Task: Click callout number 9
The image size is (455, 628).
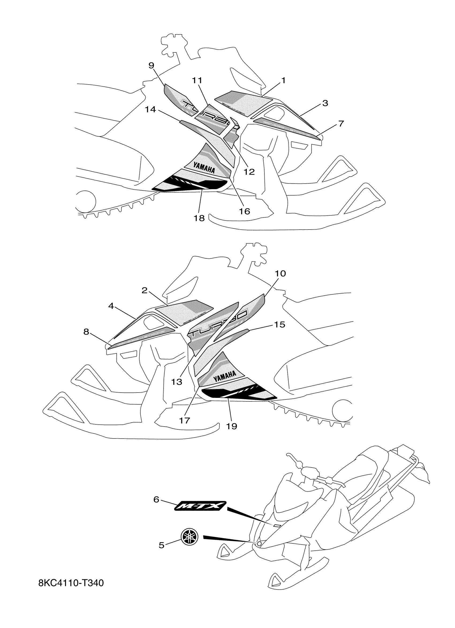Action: pos(151,65)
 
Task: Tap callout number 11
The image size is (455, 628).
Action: pos(197,81)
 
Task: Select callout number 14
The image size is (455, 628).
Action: pos(151,110)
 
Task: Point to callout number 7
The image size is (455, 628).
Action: pos(341,124)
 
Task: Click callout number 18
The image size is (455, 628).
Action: pos(199,218)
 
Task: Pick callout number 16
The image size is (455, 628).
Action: pos(245,211)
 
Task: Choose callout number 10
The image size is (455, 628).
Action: pos(280,273)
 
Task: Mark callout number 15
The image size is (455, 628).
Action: pos(279,324)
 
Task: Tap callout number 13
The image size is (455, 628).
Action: pos(177,382)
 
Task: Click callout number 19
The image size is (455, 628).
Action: pos(232,426)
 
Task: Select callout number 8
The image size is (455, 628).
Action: pos(86,332)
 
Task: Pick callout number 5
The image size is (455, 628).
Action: pos(161,545)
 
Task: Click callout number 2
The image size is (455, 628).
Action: pos(144,291)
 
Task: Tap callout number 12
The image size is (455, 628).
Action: pos(249,172)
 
